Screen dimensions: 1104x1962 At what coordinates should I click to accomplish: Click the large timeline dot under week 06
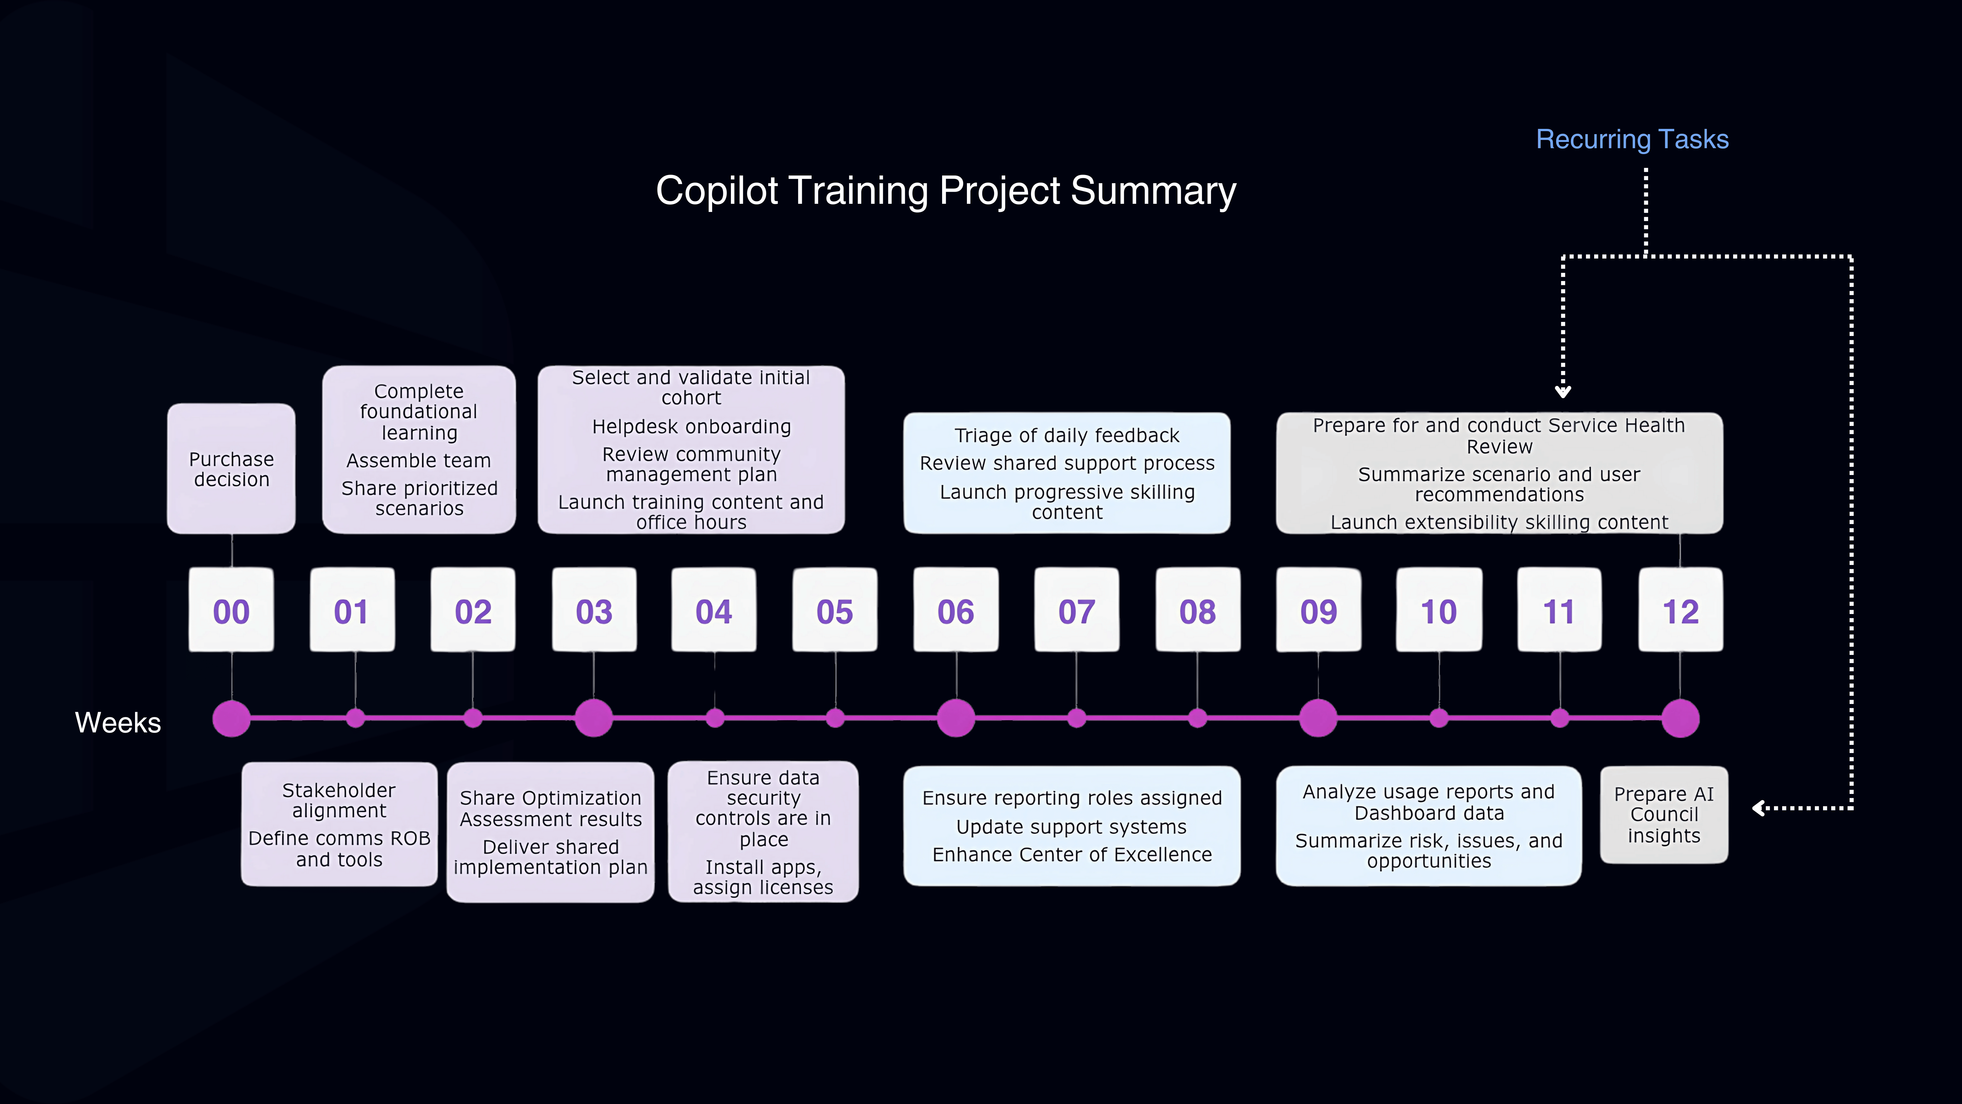tap(956, 718)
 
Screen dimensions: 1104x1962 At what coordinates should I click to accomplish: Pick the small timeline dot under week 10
tap(1439, 718)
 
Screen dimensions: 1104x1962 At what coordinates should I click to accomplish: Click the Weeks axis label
tap(118, 722)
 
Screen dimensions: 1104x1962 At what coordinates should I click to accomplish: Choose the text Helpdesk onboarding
tap(692, 427)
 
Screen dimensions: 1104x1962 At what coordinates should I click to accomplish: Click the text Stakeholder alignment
tap(339, 800)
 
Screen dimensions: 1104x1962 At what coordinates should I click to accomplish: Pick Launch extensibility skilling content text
tap(1499, 522)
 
